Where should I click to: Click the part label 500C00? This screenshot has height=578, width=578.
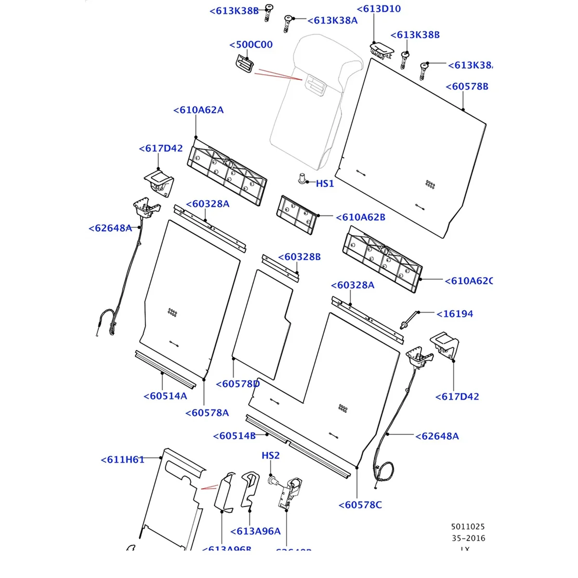(x=251, y=45)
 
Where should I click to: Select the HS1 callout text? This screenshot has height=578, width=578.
(x=325, y=184)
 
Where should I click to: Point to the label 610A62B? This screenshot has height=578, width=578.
(x=360, y=217)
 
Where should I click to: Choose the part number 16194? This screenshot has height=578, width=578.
(x=455, y=314)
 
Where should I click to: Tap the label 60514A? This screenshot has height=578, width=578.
(x=165, y=396)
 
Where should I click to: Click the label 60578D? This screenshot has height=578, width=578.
(x=238, y=384)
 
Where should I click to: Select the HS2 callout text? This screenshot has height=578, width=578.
(x=271, y=455)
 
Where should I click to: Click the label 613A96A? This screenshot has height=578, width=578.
(x=255, y=531)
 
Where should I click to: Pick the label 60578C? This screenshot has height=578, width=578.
(x=360, y=505)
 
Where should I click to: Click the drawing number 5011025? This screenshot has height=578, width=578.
(x=468, y=527)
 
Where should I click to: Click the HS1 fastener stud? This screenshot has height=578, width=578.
(x=302, y=178)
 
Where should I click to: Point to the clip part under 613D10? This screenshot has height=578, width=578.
(x=380, y=49)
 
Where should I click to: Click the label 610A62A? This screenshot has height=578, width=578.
(x=198, y=110)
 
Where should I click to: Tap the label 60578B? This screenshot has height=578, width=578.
(x=467, y=87)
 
